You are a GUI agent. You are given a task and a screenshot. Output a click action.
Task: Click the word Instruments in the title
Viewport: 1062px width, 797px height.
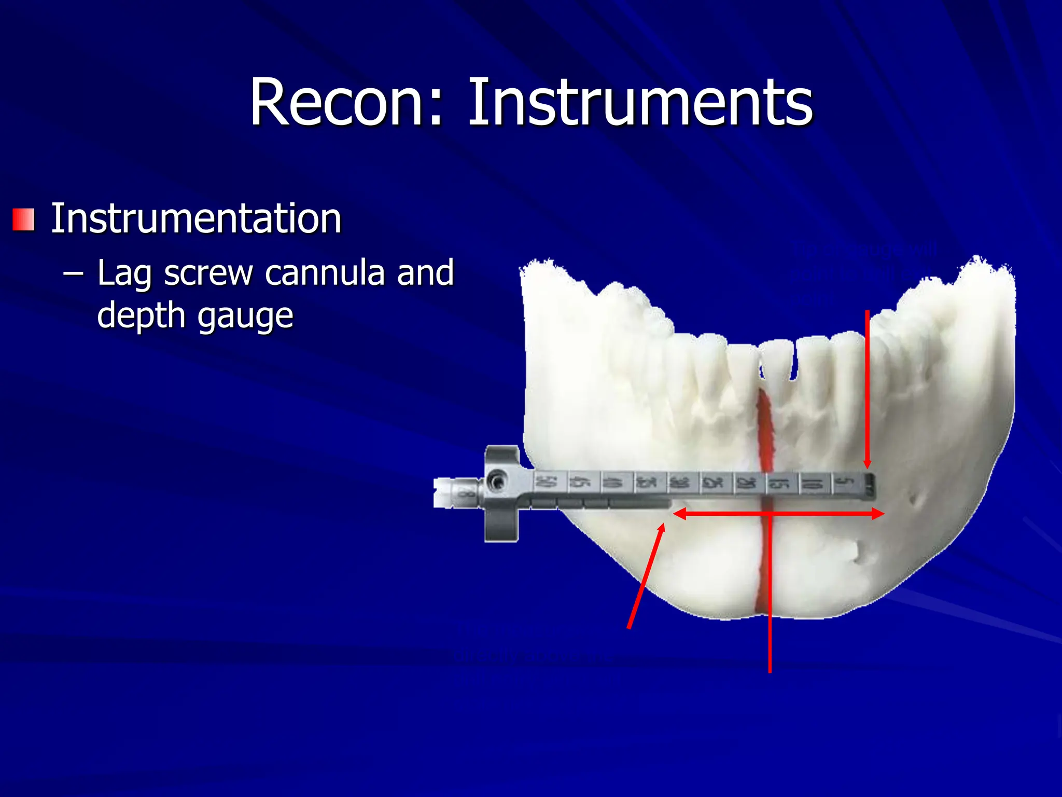click(640, 102)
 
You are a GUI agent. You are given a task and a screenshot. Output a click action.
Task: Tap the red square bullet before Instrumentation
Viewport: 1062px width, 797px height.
click(23, 219)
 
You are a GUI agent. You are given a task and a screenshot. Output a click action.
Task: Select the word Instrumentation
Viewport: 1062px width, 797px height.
click(196, 218)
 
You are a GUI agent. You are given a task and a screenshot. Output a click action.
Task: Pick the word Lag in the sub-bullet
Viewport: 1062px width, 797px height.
click(124, 274)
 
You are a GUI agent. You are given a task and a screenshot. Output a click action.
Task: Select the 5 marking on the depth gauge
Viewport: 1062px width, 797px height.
click(846, 483)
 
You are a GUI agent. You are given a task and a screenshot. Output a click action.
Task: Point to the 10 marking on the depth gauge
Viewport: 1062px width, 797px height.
click(813, 484)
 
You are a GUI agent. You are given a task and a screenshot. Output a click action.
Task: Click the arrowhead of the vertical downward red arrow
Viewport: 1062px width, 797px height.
click(867, 463)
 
